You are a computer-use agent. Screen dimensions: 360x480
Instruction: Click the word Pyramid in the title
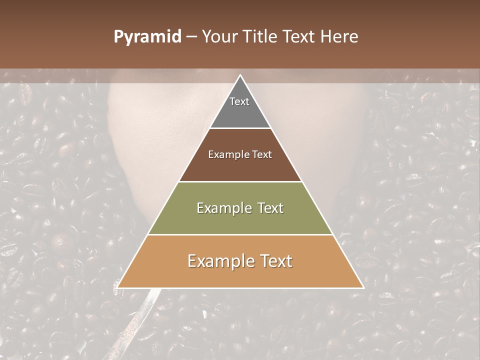147,37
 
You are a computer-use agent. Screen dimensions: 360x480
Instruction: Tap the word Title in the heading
259,37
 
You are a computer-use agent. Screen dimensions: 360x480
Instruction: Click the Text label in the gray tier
239,101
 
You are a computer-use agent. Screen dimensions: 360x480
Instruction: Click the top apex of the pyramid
240,75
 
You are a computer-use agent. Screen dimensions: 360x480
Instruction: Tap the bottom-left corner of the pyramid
118,287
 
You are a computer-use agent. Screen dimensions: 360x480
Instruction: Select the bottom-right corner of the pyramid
363,287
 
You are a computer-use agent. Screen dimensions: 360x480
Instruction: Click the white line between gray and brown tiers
240,128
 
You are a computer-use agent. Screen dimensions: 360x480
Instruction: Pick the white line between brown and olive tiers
240,181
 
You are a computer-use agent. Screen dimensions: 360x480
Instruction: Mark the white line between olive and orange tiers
240,235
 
